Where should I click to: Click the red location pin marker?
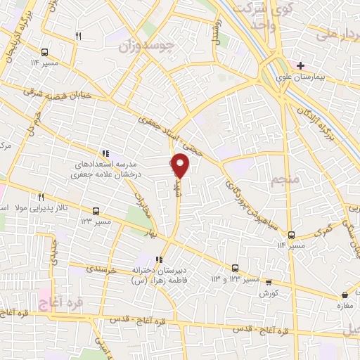coord(180,166)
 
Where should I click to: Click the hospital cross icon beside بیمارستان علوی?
coord(300,65)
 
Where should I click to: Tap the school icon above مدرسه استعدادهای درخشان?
coord(105,153)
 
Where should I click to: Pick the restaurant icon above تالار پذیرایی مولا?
coord(41,197)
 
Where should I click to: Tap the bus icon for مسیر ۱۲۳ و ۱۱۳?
coord(235,268)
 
